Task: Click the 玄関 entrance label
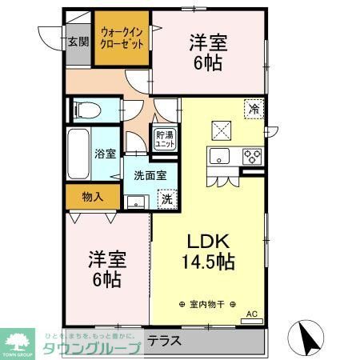point(78,42)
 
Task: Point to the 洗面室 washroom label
point(150,174)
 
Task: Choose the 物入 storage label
point(93,195)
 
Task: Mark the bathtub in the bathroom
point(78,154)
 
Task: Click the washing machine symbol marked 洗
point(167,198)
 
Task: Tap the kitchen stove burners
point(253,155)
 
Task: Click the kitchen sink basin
point(221,157)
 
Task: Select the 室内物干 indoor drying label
point(210,305)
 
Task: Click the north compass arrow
point(309,335)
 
